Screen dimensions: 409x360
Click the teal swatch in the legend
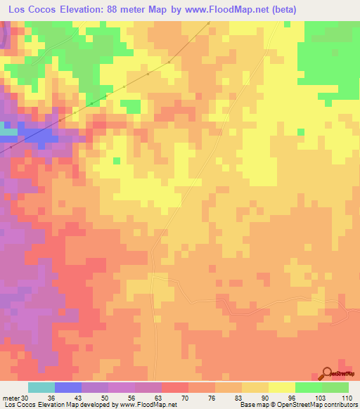pyautogui.click(x=41, y=387)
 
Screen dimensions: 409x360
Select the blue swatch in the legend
pyautogui.click(x=68, y=387)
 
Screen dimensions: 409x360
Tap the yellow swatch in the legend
pyautogui.click(x=281, y=387)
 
